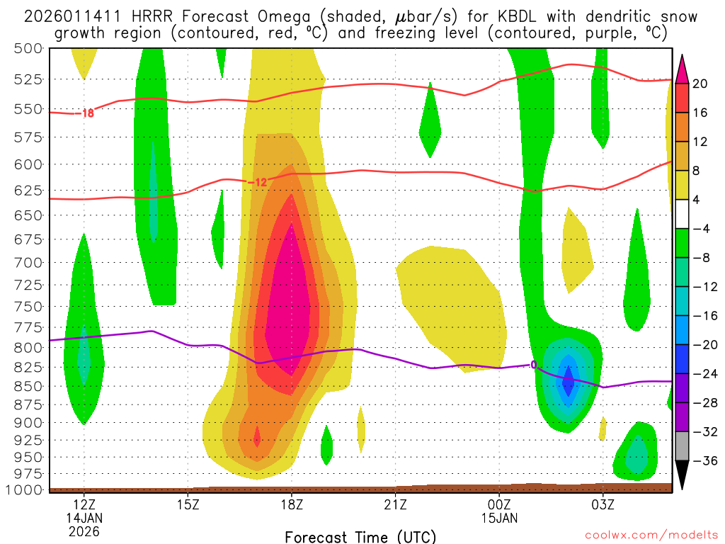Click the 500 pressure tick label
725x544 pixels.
[28, 48]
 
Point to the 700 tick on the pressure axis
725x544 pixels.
[28, 263]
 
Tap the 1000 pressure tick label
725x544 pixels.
[24, 490]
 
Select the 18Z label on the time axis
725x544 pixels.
[292, 505]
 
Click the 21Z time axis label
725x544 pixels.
[395, 505]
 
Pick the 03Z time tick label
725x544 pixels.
[603, 505]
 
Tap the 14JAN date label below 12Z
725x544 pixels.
[84, 518]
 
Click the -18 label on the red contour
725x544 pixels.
[86, 113]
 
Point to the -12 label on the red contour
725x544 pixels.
[258, 183]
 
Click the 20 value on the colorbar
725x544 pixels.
[700, 84]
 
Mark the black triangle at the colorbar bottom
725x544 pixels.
[682, 475]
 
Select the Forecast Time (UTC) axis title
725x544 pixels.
[360, 536]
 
